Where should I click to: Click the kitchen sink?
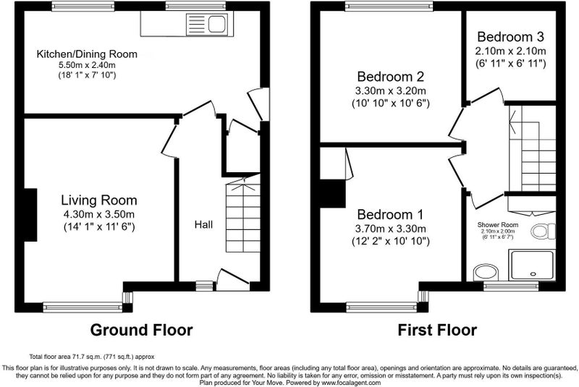[x=209, y=25]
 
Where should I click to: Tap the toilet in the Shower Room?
[x=543, y=231]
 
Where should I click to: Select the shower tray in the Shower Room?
[x=532, y=265]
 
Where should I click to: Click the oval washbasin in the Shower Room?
[x=486, y=273]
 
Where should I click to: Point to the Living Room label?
[x=99, y=200]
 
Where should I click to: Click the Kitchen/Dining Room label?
[x=87, y=54]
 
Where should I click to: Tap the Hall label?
[x=203, y=224]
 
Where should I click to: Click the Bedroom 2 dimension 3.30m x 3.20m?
[x=390, y=90]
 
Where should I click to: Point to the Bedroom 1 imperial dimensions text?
[x=390, y=242]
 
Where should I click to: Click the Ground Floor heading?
[x=141, y=330]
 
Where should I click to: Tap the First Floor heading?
[x=437, y=330]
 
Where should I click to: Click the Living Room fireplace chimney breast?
[x=30, y=215]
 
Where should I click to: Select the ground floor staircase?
[x=242, y=215]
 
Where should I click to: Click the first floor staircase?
[x=532, y=148]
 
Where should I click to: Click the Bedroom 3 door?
[x=484, y=95]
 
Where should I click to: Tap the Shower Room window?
[x=511, y=286]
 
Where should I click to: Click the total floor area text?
[x=92, y=357]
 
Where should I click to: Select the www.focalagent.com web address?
[x=350, y=383]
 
